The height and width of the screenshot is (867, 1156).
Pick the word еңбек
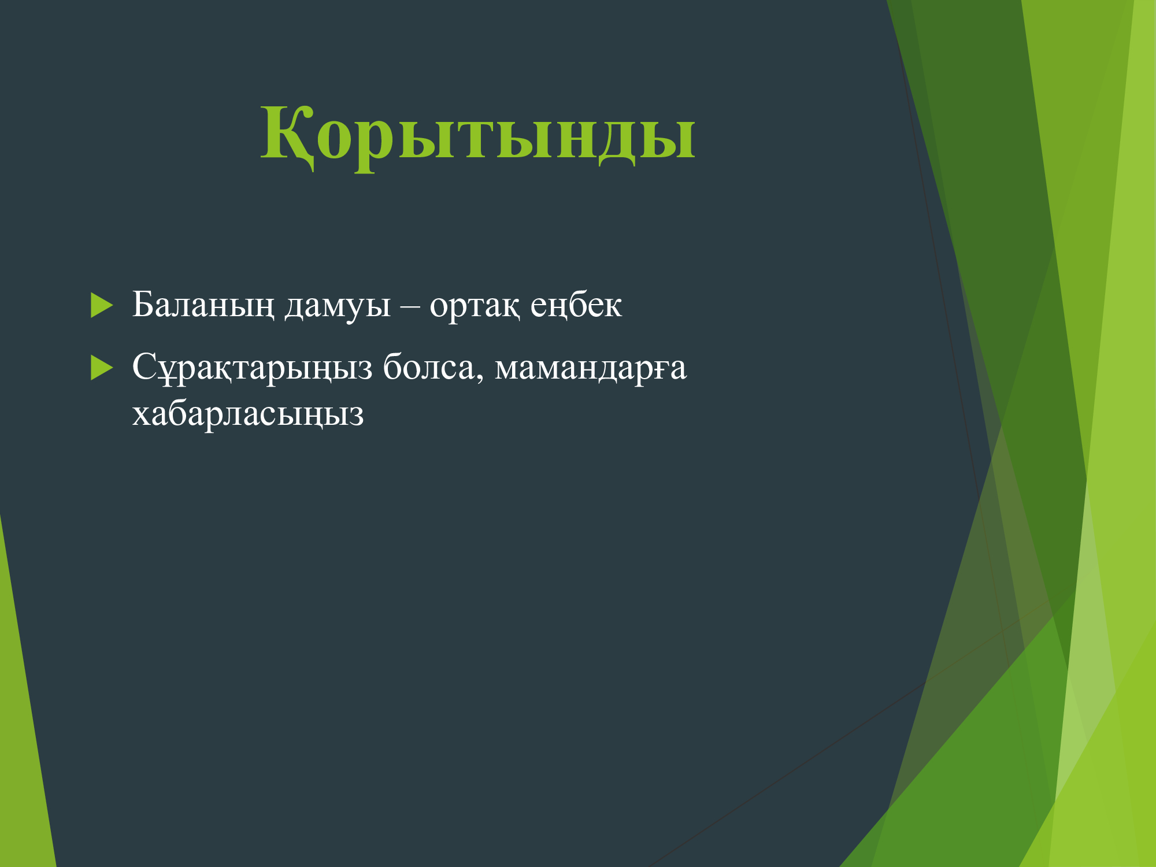(576, 305)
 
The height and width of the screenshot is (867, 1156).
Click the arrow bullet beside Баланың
(102, 305)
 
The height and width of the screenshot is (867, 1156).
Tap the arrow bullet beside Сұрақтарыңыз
(102, 368)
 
